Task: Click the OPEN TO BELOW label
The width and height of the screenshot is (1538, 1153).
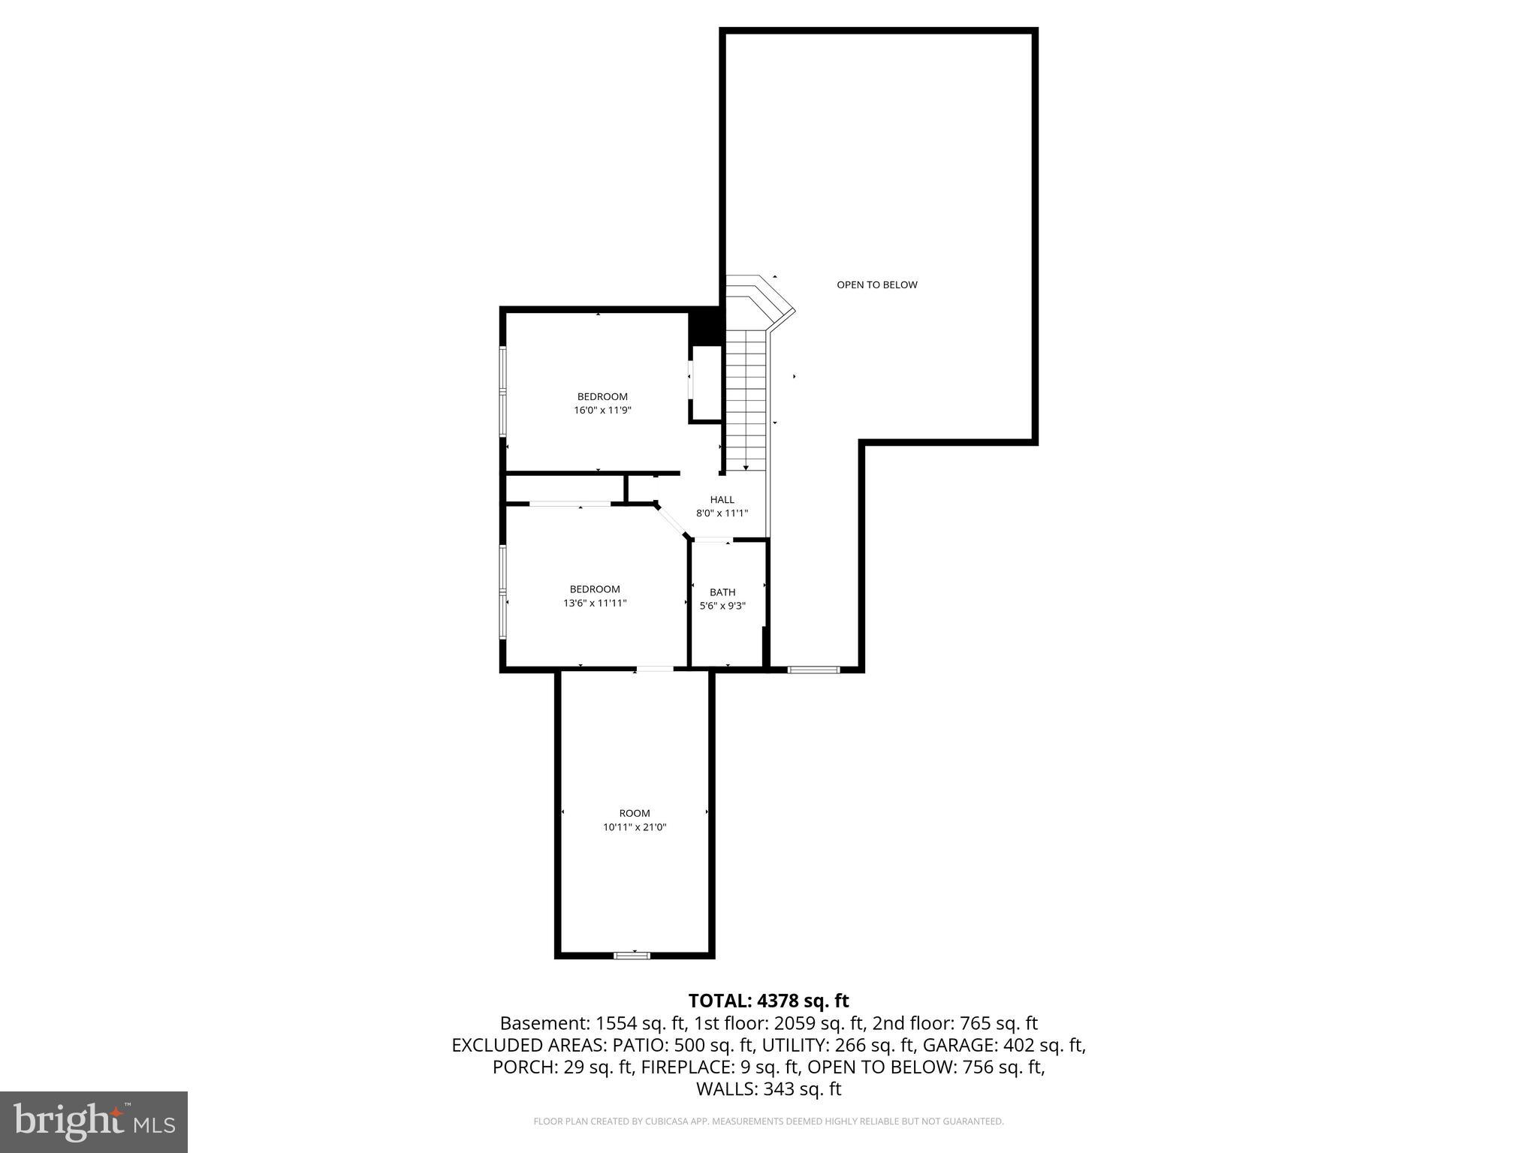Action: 876,284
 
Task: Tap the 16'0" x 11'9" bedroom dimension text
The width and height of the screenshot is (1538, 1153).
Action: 602,411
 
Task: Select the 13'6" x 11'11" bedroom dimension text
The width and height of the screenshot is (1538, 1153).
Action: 595,603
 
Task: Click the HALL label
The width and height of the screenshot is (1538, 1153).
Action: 722,499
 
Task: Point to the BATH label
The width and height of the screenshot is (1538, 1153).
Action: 722,592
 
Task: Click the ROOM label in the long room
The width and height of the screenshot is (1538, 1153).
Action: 635,813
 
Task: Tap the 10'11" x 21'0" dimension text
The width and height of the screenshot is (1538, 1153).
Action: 635,827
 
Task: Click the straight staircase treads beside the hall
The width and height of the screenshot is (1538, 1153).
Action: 745,405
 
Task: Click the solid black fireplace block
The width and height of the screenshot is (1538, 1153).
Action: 706,327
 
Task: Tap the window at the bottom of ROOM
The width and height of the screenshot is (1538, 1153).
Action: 632,955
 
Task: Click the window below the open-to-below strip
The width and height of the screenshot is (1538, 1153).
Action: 813,668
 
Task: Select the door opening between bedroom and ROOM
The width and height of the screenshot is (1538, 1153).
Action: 655,668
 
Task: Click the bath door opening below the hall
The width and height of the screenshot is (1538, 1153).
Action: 711,540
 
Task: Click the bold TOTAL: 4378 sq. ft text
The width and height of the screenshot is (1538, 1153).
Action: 768,1001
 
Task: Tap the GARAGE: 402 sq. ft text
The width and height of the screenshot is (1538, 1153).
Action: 1003,1045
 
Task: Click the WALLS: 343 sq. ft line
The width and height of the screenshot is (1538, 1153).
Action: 768,1089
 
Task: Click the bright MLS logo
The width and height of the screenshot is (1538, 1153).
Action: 94,1121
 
